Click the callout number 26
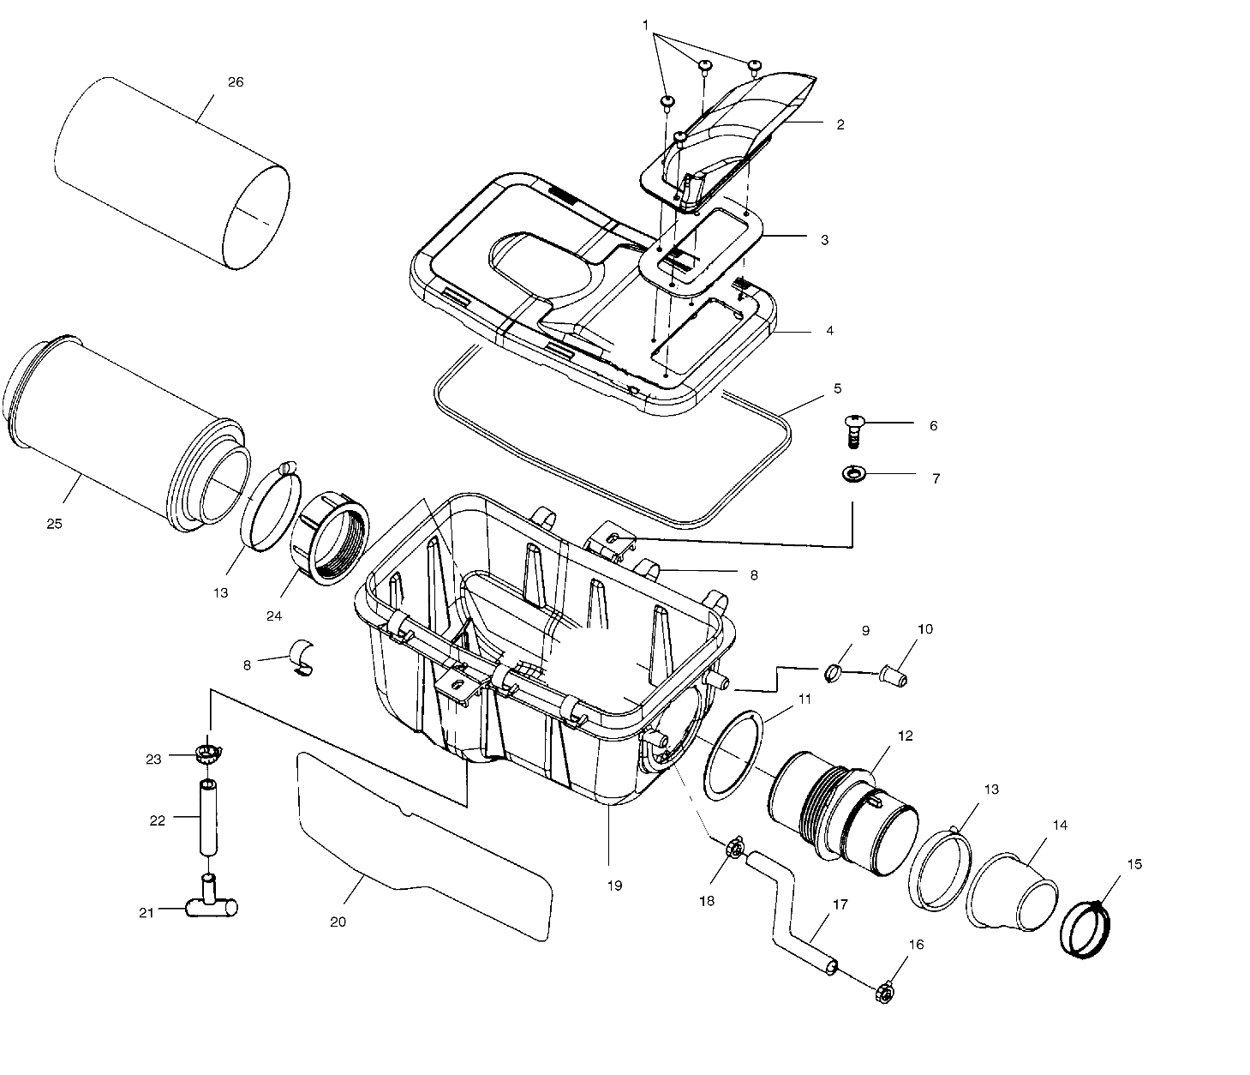(236, 82)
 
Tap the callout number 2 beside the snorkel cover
(840, 124)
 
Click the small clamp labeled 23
(207, 754)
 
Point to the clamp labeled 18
(733, 850)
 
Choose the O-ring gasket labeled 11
(733, 753)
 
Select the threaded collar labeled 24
(330, 539)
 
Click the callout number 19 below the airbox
(614, 886)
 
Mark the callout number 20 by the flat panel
(338, 922)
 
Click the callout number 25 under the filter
(54, 524)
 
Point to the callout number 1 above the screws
(645, 26)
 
